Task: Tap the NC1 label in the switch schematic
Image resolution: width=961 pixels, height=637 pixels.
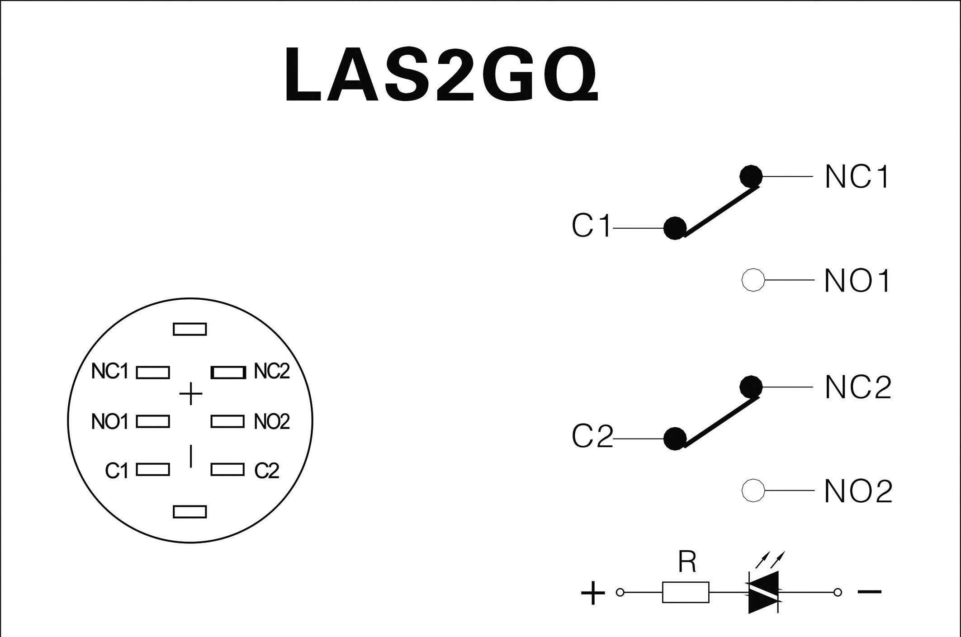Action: tap(857, 177)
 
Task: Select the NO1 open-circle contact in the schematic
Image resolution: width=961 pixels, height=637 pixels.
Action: tap(753, 280)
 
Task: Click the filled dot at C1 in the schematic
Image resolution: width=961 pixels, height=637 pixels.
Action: tap(675, 228)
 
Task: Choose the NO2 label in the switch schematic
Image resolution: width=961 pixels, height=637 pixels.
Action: tap(858, 491)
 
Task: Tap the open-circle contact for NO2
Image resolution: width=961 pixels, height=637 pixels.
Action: tap(753, 491)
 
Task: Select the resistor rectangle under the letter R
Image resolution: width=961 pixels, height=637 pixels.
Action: tap(686, 592)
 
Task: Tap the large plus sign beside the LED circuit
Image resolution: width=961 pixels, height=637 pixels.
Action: tap(592, 593)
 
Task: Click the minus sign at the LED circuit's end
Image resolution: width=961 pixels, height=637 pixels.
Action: tap(869, 591)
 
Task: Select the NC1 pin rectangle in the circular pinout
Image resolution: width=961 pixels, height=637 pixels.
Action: tap(153, 373)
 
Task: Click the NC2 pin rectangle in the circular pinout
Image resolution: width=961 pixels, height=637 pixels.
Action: tap(228, 373)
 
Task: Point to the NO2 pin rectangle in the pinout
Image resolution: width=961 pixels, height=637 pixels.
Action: tap(227, 421)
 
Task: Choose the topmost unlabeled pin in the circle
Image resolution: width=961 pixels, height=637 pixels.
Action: tap(190, 329)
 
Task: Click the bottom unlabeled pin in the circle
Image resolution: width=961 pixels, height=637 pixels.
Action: tap(190, 512)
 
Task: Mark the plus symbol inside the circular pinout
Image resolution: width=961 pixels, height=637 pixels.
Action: tap(191, 394)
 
